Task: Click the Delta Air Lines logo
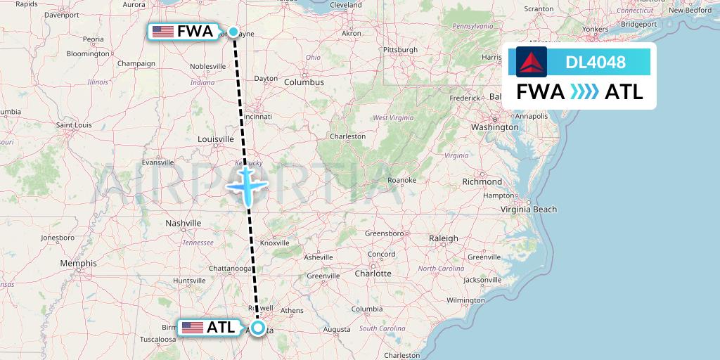pos(531,62)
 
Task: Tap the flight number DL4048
pos(596,63)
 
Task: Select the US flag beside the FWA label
pos(163,32)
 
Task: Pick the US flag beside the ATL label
pos(193,328)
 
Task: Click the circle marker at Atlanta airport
pos(259,328)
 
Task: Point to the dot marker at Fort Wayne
pos(233,32)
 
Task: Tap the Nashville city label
pos(184,223)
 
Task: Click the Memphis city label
pos(78,263)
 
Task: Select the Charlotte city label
pos(373,274)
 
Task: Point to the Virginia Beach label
pos(528,209)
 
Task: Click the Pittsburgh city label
pos(399,50)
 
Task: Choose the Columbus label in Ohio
pos(304,82)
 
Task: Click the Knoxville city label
pos(274,243)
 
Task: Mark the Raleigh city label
pos(444,238)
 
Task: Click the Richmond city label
pos(482,181)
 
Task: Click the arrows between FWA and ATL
pos(584,92)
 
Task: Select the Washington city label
pos(494,127)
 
